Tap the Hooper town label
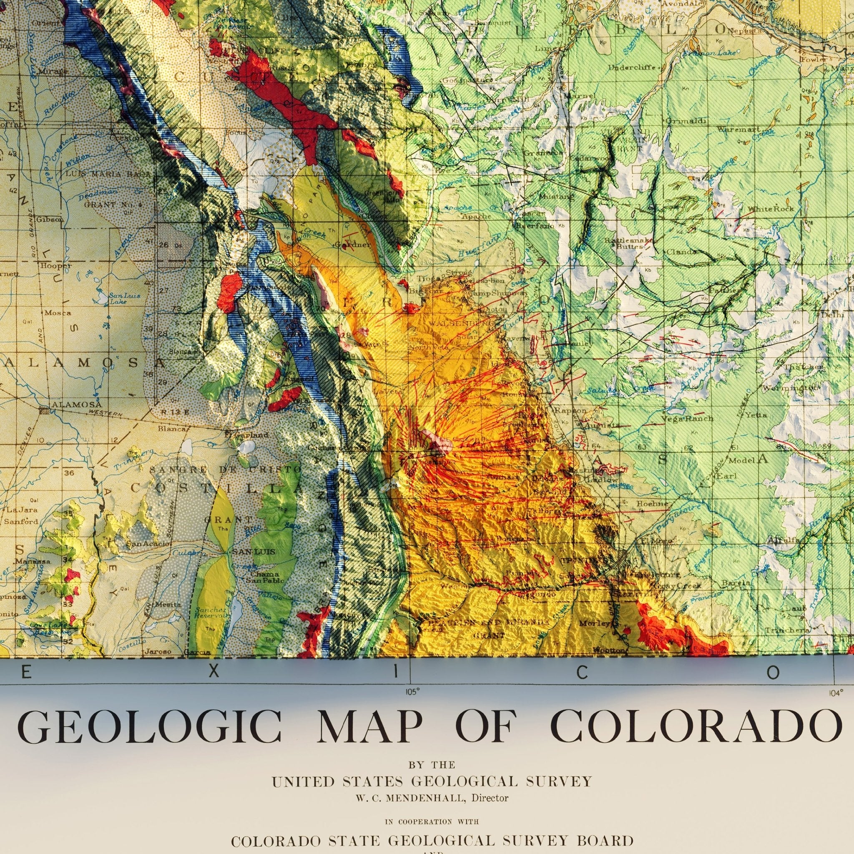click(x=56, y=266)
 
